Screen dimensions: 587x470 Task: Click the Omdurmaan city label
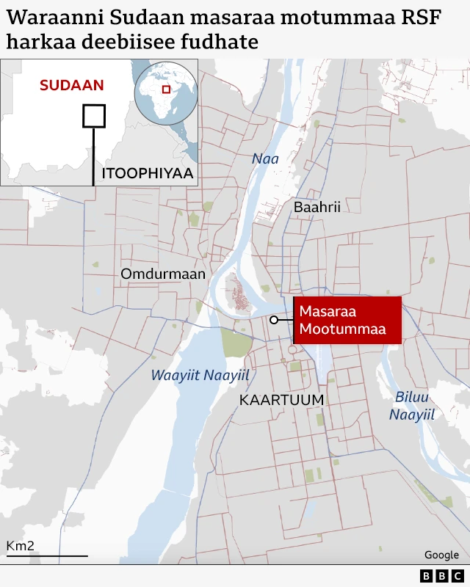point(163,274)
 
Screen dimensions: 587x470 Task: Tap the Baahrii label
point(317,208)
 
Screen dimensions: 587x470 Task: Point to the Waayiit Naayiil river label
point(200,376)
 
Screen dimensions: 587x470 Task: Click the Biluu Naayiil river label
point(411,406)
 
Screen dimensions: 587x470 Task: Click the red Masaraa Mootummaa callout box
point(347,321)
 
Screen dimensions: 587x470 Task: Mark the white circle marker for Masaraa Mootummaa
point(273,320)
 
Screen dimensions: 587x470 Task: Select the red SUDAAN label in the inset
point(72,85)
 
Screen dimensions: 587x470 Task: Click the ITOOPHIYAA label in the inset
point(147,174)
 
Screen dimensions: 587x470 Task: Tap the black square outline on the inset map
point(93,116)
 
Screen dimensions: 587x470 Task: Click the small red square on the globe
point(167,90)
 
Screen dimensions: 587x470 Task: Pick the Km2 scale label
point(21,546)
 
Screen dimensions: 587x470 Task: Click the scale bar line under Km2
point(46,556)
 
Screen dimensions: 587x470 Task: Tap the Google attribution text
point(441,555)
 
